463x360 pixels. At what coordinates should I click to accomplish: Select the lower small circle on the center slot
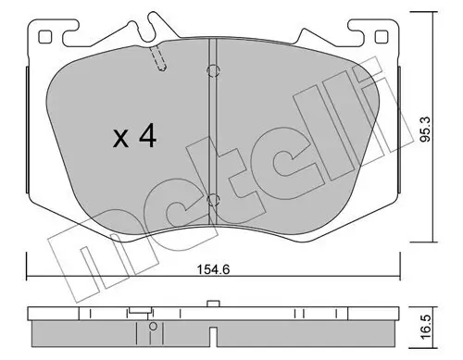pyautogui.click(x=212, y=198)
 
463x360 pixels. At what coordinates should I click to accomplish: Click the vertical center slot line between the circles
pyautogui.click(x=212, y=134)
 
